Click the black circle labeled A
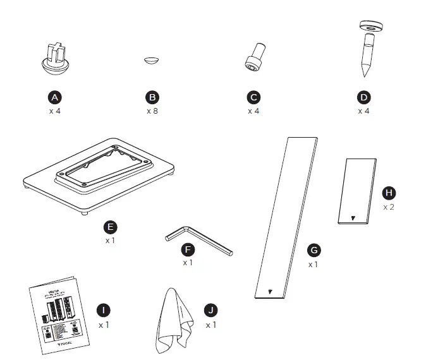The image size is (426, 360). click(x=55, y=97)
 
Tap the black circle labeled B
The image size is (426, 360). click(x=152, y=97)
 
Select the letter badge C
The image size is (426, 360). click(x=253, y=97)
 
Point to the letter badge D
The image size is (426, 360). click(x=363, y=97)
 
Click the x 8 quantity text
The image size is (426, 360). click(x=152, y=111)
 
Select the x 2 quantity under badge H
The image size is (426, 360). click(x=389, y=207)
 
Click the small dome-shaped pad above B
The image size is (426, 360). click(x=152, y=60)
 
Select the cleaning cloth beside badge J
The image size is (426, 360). click(x=172, y=322)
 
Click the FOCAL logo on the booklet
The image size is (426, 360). click(x=65, y=345)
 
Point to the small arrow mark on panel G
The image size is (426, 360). click(x=271, y=292)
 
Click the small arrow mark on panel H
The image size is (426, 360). click(x=353, y=218)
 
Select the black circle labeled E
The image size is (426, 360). click(x=112, y=227)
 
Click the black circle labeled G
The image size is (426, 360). click(x=313, y=250)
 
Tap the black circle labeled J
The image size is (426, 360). click(x=211, y=310)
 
